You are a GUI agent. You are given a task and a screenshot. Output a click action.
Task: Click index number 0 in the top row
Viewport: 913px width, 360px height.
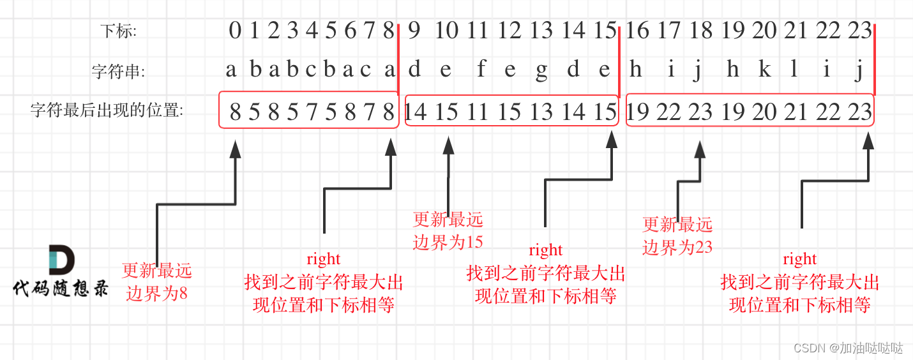235,30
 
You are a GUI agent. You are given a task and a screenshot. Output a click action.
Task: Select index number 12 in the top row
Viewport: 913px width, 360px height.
509,30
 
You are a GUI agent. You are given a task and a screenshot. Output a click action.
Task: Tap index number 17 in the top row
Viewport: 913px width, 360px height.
668,30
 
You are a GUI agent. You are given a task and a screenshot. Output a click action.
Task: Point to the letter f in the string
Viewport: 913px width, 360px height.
481,70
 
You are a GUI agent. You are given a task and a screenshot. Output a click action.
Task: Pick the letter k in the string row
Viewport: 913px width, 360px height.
764,70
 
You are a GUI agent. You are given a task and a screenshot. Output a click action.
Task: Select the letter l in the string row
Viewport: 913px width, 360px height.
794,70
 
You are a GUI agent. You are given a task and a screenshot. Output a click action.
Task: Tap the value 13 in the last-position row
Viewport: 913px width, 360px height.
541,112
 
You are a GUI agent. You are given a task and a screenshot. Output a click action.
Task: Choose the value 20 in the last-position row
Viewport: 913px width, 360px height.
764,112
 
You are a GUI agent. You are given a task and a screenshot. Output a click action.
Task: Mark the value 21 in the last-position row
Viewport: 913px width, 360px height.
796,112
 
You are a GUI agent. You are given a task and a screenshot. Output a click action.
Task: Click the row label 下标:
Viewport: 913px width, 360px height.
119,31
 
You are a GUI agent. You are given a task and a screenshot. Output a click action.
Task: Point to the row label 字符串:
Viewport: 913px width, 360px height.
119,71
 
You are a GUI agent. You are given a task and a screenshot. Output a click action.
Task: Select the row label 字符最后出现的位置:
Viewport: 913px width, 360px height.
107,111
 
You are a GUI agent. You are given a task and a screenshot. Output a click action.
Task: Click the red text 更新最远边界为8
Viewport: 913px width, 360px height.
157,281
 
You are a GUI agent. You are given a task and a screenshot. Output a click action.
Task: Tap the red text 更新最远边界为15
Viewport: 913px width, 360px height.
448,230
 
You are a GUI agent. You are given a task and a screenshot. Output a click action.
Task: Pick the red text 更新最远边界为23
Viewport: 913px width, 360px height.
677,235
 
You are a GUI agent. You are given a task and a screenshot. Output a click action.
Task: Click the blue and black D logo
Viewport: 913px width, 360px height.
61,260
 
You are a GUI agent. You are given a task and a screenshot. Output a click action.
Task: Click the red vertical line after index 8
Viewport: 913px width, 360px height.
398,61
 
